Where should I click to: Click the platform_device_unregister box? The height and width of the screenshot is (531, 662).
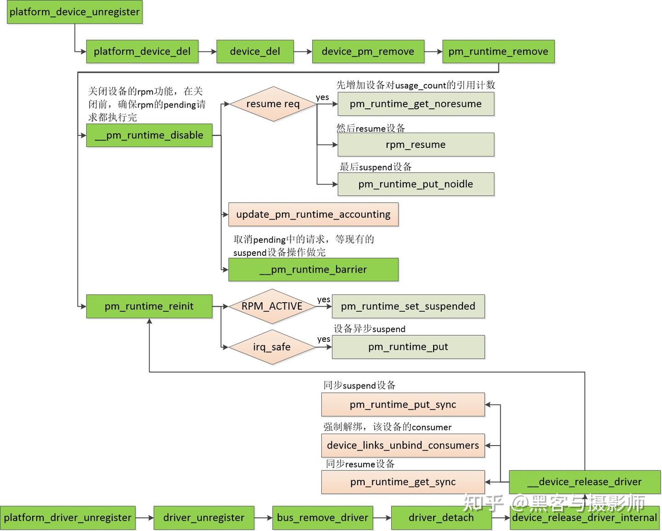(74, 12)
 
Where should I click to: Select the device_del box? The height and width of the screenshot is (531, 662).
(255, 51)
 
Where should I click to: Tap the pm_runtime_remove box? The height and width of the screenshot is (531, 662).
(498, 51)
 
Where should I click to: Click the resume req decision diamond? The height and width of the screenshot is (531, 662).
(273, 104)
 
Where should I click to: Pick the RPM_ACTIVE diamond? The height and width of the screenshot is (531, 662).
(272, 306)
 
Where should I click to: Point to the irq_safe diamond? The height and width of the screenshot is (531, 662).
(272, 347)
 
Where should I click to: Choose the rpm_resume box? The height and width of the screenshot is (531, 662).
(416, 145)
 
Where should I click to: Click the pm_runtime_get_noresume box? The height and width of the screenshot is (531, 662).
(416, 104)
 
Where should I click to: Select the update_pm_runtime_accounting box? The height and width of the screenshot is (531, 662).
(313, 215)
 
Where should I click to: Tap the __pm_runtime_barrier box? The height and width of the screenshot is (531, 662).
(313, 270)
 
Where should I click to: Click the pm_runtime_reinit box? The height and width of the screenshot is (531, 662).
(149, 306)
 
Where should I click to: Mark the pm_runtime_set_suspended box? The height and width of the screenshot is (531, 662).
(408, 306)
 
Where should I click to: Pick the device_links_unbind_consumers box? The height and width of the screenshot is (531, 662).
(403, 446)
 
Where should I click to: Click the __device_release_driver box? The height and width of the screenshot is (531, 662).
(584, 482)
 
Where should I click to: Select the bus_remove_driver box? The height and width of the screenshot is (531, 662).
(322, 518)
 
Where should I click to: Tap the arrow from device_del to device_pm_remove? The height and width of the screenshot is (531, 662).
(302, 51)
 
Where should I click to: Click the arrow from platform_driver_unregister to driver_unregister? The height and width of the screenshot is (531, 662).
(144, 518)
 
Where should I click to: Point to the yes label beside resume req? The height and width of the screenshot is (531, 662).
(322, 97)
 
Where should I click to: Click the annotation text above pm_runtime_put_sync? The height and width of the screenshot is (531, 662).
(359, 385)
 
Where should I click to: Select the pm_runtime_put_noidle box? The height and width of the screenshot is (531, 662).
(416, 184)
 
